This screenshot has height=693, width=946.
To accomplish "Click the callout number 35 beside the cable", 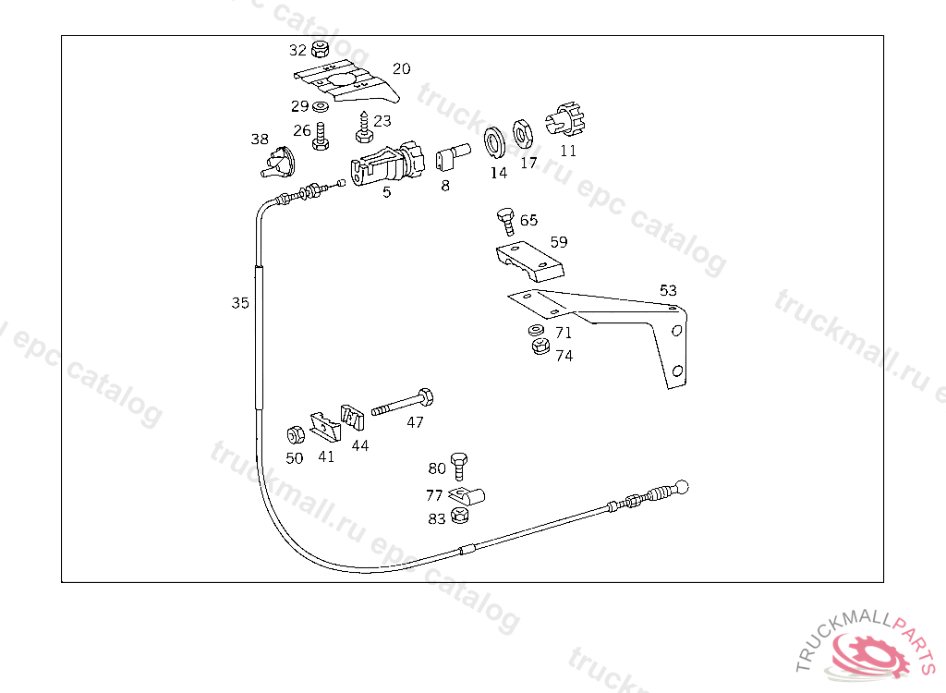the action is tap(240, 302).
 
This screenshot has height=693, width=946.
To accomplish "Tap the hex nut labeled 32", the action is tap(321, 48).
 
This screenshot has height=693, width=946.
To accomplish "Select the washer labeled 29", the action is tap(321, 107).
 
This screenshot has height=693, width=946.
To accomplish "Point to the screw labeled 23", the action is tap(363, 127).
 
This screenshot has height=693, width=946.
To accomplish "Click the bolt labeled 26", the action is tap(321, 137).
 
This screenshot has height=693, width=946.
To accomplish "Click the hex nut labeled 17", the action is tap(523, 134).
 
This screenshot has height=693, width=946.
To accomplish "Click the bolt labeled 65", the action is tap(506, 220).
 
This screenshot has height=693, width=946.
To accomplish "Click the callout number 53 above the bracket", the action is tap(668, 290).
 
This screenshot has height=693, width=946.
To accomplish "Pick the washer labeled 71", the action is tap(536, 330).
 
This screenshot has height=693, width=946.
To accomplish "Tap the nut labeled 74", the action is tap(540, 346).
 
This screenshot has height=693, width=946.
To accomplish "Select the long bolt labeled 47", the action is tap(403, 402).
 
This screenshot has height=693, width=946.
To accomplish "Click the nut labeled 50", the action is tap(296, 434).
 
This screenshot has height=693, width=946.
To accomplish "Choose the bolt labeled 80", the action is tap(459, 466).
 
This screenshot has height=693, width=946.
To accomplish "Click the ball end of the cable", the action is tap(681, 487).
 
